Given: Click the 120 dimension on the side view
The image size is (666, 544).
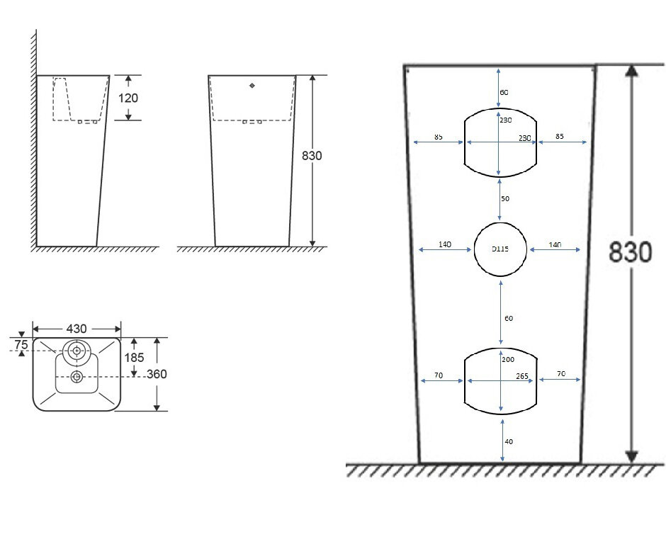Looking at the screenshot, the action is [128, 98].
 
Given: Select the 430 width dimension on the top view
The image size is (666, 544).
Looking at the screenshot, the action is [76, 329].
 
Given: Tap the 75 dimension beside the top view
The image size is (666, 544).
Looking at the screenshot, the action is [21, 344].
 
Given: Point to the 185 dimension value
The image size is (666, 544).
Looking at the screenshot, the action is [135, 358].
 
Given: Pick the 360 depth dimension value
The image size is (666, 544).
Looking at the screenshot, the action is [157, 374].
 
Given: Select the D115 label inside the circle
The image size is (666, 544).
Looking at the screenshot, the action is [500, 249].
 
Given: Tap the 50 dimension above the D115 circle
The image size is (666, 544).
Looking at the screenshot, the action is [505, 199].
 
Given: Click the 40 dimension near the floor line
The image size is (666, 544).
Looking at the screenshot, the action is [509, 441].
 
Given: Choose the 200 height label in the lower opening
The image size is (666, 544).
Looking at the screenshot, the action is [508, 360].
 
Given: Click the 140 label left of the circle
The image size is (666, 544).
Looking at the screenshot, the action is [445, 244].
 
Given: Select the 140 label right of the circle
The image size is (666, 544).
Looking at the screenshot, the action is [555, 244].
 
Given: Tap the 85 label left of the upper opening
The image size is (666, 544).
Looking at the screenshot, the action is [439, 137].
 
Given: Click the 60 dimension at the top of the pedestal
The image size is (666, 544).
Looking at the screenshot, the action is [504, 93].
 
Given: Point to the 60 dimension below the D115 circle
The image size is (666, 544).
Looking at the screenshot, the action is [509, 319].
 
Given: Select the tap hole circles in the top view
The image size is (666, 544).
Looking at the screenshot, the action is [76, 350].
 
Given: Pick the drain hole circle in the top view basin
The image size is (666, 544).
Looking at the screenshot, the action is [76, 376].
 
